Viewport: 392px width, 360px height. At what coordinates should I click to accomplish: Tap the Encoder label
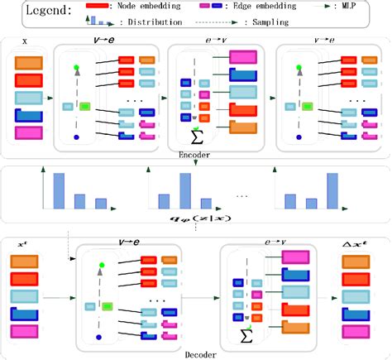point(194,154)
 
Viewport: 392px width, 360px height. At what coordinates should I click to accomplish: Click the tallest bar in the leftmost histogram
point(59,190)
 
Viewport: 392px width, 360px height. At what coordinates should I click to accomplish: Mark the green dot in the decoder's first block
point(100,264)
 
